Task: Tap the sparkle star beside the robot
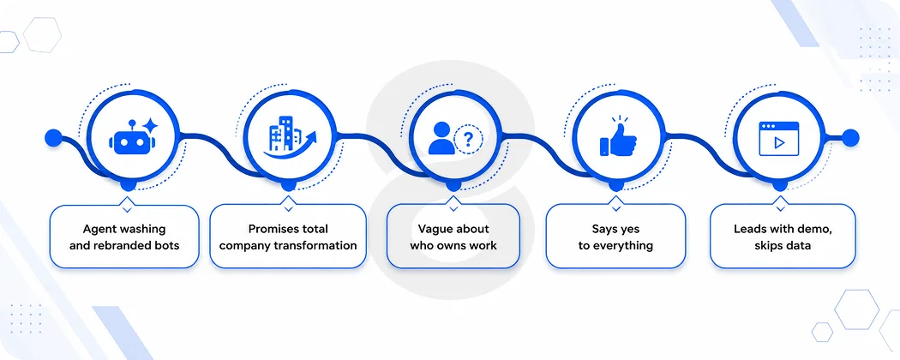pos(150,125)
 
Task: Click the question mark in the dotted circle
pos(468,140)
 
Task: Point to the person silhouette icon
pos(441,138)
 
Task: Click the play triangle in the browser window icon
pos(779,143)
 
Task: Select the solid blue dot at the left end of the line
pos(53,138)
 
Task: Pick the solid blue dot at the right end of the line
pos(850,138)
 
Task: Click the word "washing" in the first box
pos(143,229)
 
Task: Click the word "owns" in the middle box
pos(459,246)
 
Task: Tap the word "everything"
pos(623,246)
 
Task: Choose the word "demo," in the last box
pos(814,229)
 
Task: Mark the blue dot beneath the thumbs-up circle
pos(616,185)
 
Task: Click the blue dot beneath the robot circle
pos(128,185)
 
